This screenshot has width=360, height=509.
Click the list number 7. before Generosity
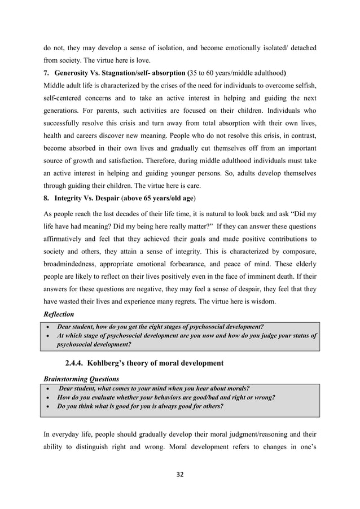coord(47,73)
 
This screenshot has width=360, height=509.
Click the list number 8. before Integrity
coord(47,198)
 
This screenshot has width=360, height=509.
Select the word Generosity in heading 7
coord(74,73)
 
